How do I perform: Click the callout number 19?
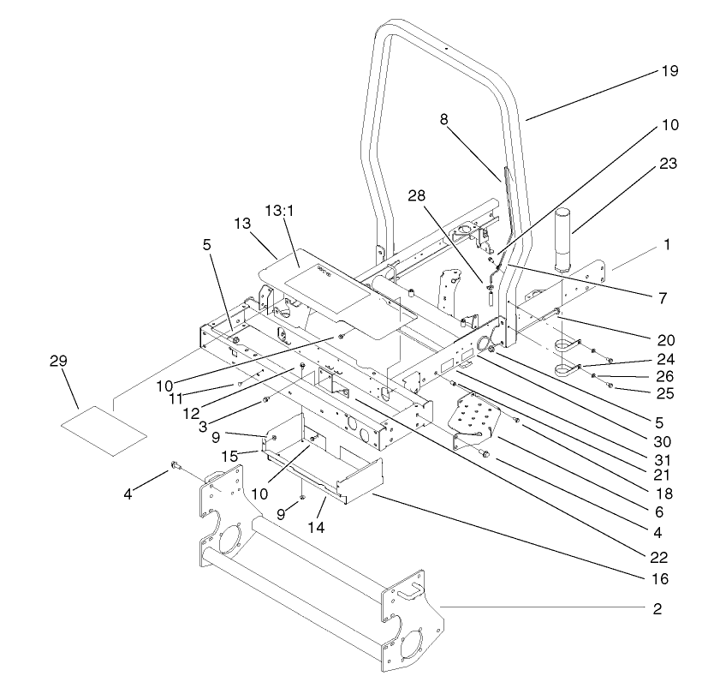click(669, 71)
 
